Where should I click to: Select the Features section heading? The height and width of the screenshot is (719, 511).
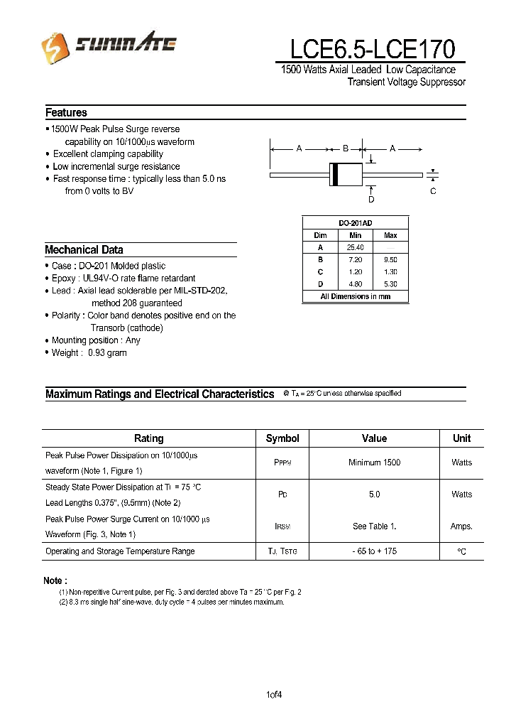click(66, 113)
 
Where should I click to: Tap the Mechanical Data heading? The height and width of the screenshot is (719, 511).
click(84, 250)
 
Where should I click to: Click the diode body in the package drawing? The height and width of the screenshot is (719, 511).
click(346, 174)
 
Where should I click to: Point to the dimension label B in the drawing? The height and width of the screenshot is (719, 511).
click(346, 148)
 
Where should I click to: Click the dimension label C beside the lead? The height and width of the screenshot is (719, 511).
click(433, 191)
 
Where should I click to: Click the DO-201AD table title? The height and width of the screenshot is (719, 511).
click(355, 223)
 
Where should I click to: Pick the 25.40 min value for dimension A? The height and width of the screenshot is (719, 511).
click(355, 247)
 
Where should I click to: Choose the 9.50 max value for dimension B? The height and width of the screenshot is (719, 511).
click(390, 260)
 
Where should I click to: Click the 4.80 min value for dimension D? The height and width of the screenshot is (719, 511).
click(355, 284)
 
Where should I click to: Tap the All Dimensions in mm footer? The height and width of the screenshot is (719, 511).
click(355, 297)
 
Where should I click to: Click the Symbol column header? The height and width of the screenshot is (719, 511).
click(282, 438)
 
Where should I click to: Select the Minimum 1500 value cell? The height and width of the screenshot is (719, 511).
click(374, 463)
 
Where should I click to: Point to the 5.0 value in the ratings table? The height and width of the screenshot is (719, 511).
click(374, 494)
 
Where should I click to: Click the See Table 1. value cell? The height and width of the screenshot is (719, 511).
click(374, 526)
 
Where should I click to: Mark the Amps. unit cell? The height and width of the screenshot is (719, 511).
click(461, 526)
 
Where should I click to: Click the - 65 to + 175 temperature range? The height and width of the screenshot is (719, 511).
click(374, 551)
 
